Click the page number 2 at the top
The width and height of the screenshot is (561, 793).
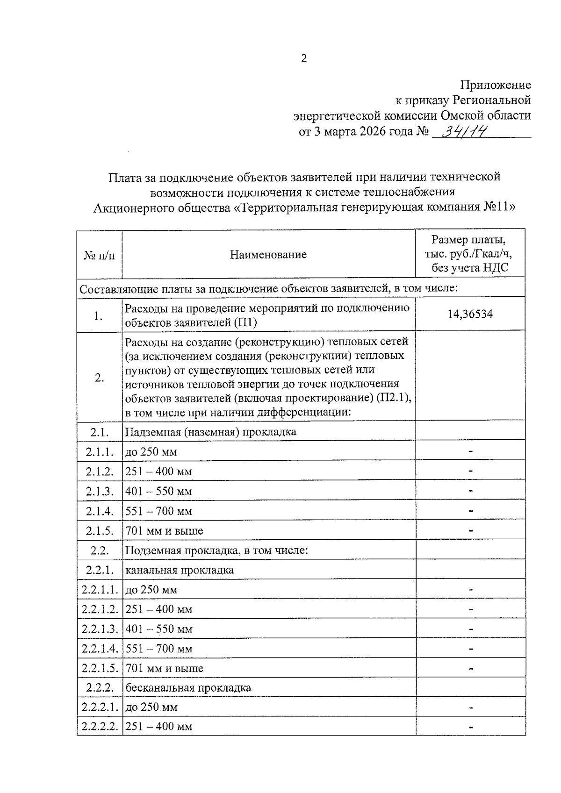[x=304, y=59]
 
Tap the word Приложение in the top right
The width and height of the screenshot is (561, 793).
[x=496, y=85]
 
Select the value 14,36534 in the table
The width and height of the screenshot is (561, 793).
[x=470, y=314]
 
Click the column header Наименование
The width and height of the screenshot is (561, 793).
[x=268, y=254]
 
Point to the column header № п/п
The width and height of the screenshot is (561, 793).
[x=99, y=255]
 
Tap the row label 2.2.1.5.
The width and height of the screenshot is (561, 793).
[x=100, y=668]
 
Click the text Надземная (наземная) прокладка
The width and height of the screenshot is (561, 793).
[x=210, y=432]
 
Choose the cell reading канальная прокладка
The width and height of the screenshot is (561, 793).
[x=180, y=570]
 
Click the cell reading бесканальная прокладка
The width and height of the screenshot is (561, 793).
[x=188, y=688]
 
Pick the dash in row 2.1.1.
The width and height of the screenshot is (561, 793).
[x=471, y=451]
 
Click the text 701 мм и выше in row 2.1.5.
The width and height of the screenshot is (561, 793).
[x=164, y=531]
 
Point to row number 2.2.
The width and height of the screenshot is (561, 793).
[x=100, y=550]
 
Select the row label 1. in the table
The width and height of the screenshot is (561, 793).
[x=98, y=316]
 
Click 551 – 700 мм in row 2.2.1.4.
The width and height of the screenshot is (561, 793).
[x=158, y=649]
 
